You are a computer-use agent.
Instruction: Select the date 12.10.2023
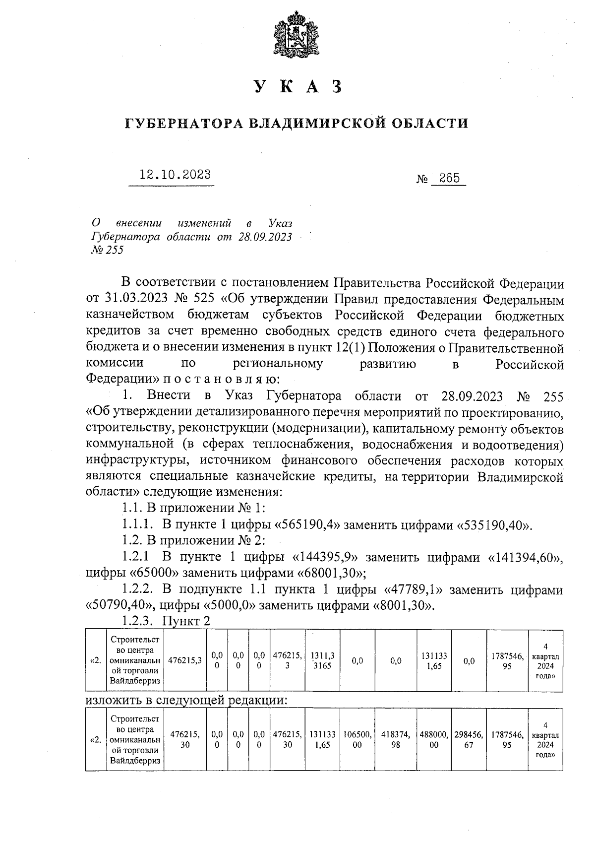click(175, 175)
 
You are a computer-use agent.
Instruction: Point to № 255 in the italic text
click(107, 250)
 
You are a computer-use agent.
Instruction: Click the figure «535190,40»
click(493, 525)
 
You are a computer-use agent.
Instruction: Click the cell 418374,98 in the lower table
click(395, 740)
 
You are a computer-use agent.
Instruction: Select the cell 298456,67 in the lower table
click(469, 740)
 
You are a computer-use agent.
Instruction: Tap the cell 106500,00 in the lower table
click(357, 740)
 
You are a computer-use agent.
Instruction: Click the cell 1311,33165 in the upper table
click(321, 660)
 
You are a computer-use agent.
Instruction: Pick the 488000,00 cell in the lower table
click(434, 740)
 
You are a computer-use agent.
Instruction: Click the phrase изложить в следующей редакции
click(187, 700)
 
